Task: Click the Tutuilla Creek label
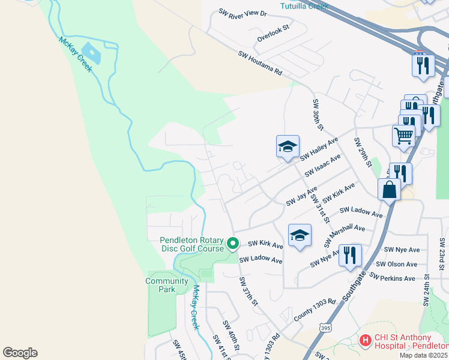point(304,6)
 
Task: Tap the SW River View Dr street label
point(242,13)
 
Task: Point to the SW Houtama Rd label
point(260,63)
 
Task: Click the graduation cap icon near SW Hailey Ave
point(288,146)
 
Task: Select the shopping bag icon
point(389,190)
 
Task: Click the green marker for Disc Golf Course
point(232,244)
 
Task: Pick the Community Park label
point(166,285)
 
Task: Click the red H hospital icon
point(365,341)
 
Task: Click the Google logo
point(20,353)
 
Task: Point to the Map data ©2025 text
point(424,355)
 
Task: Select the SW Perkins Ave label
point(392,278)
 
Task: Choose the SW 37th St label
point(247,292)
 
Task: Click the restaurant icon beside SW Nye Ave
point(349,255)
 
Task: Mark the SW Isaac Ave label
point(322,165)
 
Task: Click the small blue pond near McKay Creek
point(92,52)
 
